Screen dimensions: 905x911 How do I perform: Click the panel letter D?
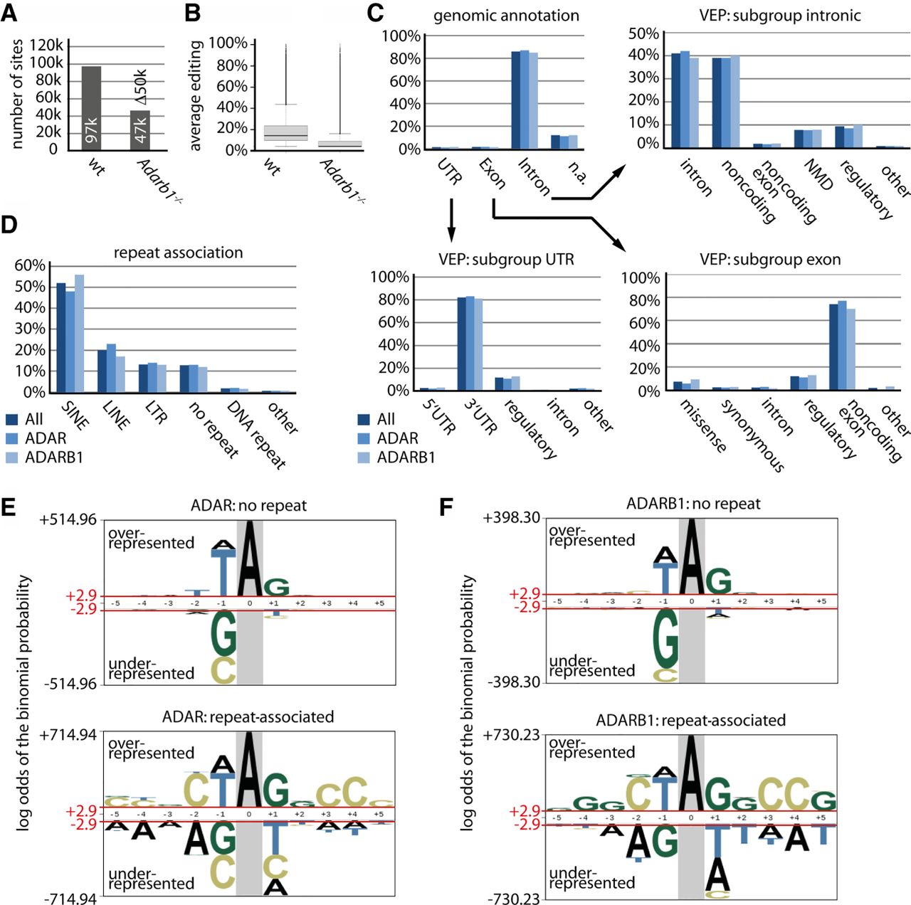[x=9, y=225]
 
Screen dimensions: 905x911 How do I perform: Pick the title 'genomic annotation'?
[x=506, y=16]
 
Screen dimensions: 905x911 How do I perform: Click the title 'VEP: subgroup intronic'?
[x=780, y=15]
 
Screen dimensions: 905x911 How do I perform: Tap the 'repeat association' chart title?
[x=178, y=253]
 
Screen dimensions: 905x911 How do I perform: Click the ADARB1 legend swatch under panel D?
[x=11, y=457]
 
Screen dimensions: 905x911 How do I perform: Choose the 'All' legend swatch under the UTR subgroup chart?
[x=364, y=419]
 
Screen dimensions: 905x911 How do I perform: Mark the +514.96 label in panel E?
[x=68, y=519]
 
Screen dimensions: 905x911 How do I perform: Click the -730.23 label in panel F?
[x=513, y=899]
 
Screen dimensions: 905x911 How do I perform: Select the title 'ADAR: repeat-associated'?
[x=248, y=716]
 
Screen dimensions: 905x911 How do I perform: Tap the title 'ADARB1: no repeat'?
[x=693, y=504]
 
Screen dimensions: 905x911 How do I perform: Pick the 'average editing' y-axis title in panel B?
[x=196, y=96]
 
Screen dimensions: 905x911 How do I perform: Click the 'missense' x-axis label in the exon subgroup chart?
[x=703, y=426]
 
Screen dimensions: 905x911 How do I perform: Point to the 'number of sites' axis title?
[x=18, y=94]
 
